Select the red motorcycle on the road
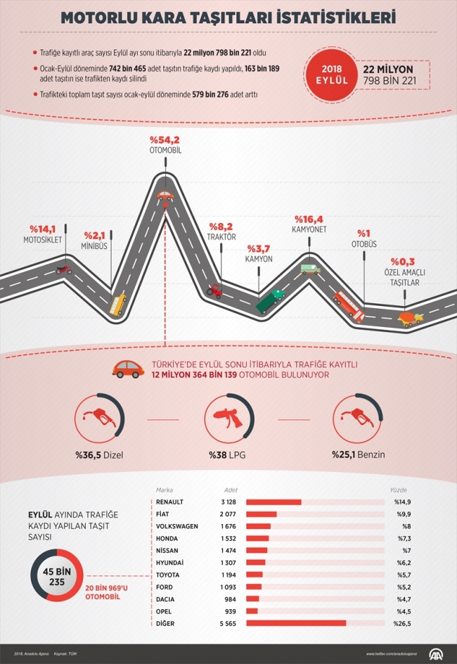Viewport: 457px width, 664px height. pos(63,269)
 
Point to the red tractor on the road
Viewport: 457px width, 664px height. pos(214,289)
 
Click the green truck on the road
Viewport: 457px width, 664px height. pos(271,300)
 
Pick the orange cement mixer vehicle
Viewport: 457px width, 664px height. pos(411,318)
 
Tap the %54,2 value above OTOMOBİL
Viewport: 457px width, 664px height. pos(165,140)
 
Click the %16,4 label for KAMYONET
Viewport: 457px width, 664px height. pos(309,219)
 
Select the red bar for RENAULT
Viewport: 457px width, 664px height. pos(273,502)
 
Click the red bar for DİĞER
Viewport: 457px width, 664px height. pos(296,623)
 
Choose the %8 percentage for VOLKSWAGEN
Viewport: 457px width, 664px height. pos(406,526)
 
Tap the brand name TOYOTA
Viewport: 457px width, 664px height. pos(169,575)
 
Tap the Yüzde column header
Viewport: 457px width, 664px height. pos(399,490)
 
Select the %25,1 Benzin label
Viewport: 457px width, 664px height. pos(359,455)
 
